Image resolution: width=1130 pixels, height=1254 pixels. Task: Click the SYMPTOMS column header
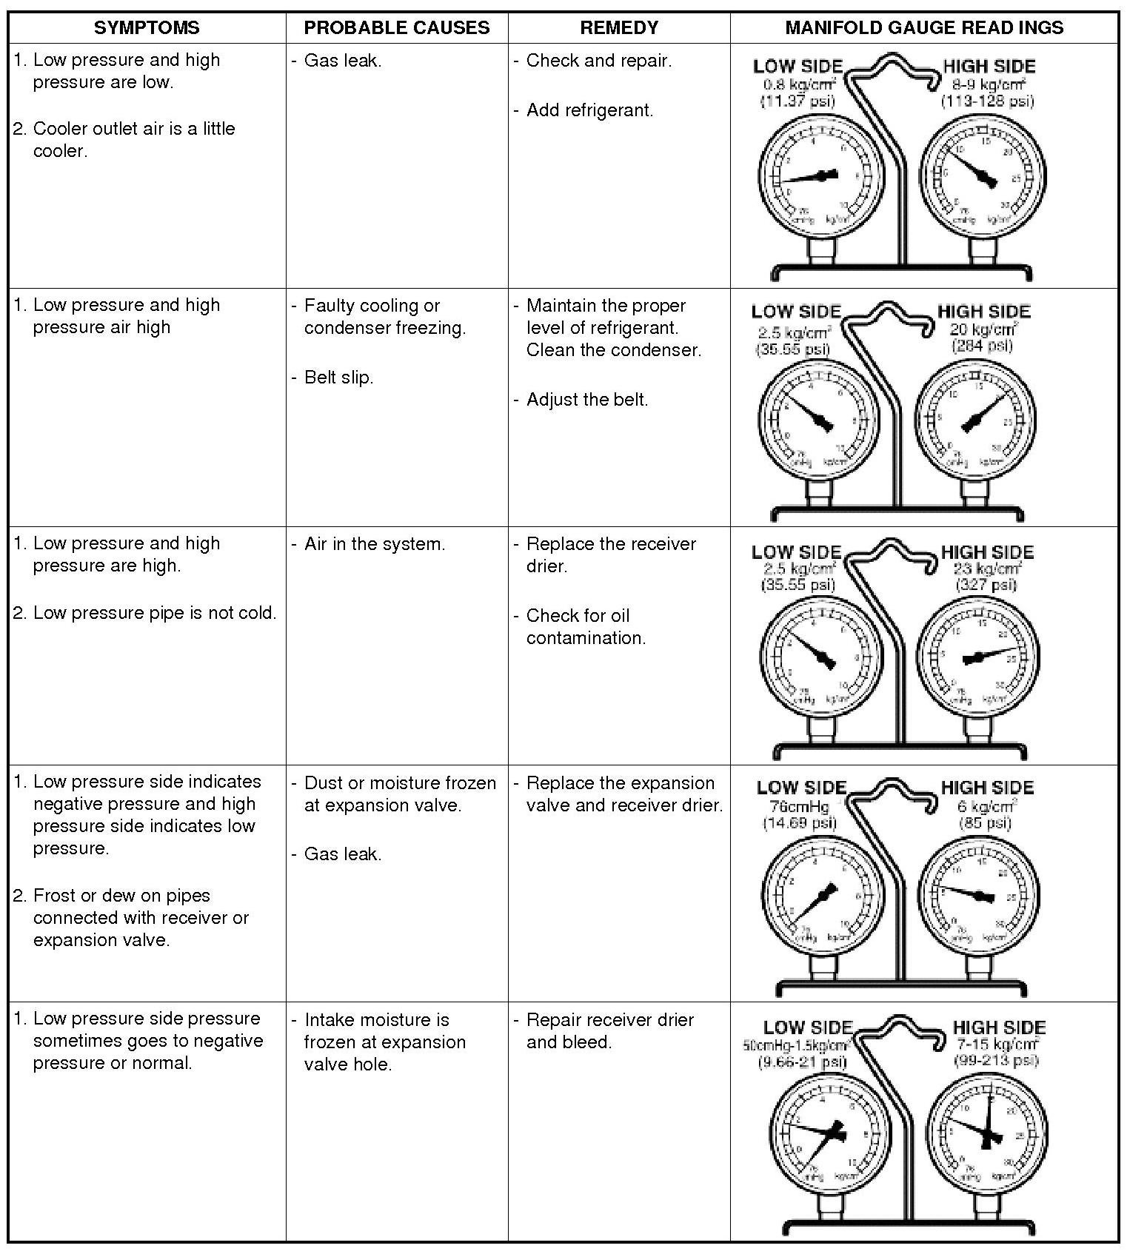[147, 28]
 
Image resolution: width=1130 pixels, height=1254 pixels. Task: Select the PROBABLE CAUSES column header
[397, 28]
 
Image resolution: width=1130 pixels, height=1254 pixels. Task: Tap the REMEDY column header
[619, 28]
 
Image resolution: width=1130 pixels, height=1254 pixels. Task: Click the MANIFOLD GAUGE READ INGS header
[924, 28]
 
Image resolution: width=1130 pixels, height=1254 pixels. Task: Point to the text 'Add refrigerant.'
[589, 110]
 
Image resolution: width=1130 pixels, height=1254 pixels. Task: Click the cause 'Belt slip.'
[338, 378]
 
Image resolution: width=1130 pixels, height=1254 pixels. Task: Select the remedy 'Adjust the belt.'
[586, 400]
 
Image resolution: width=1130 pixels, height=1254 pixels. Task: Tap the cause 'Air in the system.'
[375, 544]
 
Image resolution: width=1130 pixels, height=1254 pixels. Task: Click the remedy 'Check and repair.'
[598, 61]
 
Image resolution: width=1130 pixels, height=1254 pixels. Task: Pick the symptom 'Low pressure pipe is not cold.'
[154, 613]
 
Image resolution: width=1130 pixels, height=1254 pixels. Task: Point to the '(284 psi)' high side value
[982, 346]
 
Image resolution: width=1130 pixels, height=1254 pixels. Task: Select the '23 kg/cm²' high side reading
[987, 569]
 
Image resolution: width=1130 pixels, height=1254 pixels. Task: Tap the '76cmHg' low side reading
[799, 806]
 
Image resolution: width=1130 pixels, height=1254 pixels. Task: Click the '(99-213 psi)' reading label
[997, 1060]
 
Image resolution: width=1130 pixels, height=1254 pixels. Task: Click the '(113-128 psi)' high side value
[987, 101]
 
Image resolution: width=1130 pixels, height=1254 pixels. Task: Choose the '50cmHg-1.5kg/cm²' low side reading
[795, 1045]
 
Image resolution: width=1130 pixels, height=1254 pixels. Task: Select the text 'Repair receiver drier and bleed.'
[609, 1031]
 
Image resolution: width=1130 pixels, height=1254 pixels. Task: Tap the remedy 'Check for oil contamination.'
[585, 627]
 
